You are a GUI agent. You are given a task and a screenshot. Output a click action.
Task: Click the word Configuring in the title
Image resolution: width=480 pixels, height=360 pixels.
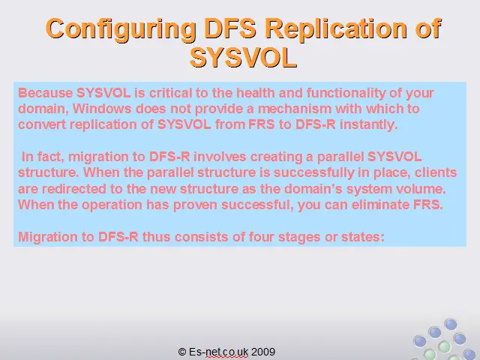click(121, 29)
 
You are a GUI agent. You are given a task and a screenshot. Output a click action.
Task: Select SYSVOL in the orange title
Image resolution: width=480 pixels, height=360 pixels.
click(243, 58)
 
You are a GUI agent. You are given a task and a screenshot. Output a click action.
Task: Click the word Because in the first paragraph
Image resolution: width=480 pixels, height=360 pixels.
click(46, 93)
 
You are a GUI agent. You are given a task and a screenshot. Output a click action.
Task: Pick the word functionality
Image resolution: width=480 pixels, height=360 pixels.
click(346, 93)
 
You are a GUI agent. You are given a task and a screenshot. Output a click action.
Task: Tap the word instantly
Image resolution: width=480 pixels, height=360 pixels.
click(368, 125)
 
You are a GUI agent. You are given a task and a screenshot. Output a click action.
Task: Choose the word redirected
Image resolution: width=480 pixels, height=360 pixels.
click(73, 188)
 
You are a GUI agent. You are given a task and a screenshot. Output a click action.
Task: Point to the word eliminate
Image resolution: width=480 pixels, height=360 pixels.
click(380, 205)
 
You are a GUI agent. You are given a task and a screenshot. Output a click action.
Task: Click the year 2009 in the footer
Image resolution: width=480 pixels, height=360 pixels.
click(263, 352)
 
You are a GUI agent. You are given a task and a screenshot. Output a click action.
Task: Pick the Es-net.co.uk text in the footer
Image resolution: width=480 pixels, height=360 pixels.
click(218, 352)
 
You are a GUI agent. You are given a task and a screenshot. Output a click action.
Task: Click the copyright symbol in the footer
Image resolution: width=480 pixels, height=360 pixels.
click(181, 352)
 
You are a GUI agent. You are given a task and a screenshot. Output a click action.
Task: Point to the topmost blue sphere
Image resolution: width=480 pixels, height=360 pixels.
click(451, 325)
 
